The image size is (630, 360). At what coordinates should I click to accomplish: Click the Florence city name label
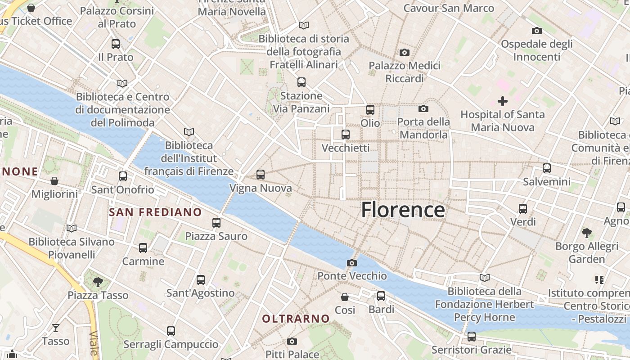coord(403,210)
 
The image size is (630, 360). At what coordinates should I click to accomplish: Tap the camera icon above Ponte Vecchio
coord(352,263)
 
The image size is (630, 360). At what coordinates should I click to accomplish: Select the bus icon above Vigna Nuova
coord(260,175)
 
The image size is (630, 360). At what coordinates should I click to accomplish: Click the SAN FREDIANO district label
coord(155,212)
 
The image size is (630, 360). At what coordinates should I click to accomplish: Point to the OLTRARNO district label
coord(296,319)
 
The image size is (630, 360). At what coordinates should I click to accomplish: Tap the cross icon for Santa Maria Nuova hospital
coord(502,101)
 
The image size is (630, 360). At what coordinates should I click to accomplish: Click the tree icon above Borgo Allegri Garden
coord(586,233)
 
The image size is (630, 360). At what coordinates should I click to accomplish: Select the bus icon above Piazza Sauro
coord(216,223)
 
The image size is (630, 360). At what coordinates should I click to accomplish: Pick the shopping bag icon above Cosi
coord(345,297)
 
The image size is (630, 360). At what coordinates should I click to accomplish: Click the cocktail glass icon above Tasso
coord(55,328)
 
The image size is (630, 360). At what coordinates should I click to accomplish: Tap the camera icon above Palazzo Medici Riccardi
coord(404,53)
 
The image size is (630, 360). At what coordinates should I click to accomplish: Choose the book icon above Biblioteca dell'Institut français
coord(189,132)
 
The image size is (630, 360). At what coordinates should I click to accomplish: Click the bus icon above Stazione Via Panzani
coord(301,82)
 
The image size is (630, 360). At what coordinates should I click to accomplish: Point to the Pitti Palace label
coord(292,354)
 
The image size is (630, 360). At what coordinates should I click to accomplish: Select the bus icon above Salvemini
coord(547,168)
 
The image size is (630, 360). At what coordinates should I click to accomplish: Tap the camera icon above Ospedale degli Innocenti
coord(536,31)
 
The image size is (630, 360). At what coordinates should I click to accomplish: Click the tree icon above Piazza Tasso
coord(98,282)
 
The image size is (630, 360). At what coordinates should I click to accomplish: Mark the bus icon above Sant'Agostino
coord(201,280)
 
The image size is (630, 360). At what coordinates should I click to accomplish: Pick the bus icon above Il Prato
coord(116,44)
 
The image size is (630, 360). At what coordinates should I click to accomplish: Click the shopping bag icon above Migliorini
coord(54,181)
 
